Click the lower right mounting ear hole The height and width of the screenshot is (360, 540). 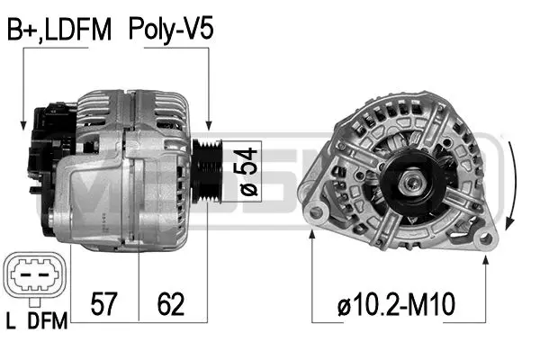[487, 238]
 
